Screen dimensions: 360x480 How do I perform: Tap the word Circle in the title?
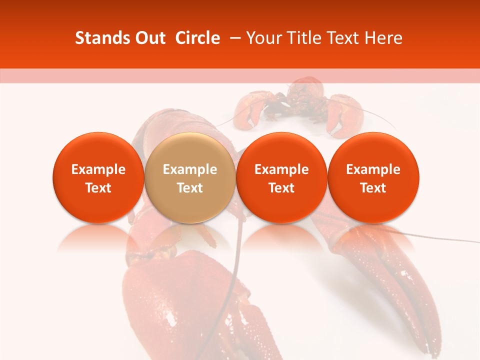click(x=197, y=38)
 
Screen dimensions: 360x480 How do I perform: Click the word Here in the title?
click(x=383, y=38)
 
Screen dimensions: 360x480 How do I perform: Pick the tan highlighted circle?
click(x=190, y=177)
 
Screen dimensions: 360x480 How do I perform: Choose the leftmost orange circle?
click(x=98, y=177)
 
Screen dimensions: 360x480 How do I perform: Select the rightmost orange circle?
click(x=373, y=177)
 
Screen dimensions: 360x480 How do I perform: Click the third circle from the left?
click(x=281, y=177)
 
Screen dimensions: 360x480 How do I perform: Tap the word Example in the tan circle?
click(x=190, y=169)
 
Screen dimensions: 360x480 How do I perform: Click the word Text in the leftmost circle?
click(x=98, y=188)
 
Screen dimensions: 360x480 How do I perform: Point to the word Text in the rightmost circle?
click(x=373, y=188)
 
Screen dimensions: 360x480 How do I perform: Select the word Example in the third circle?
click(x=281, y=169)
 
